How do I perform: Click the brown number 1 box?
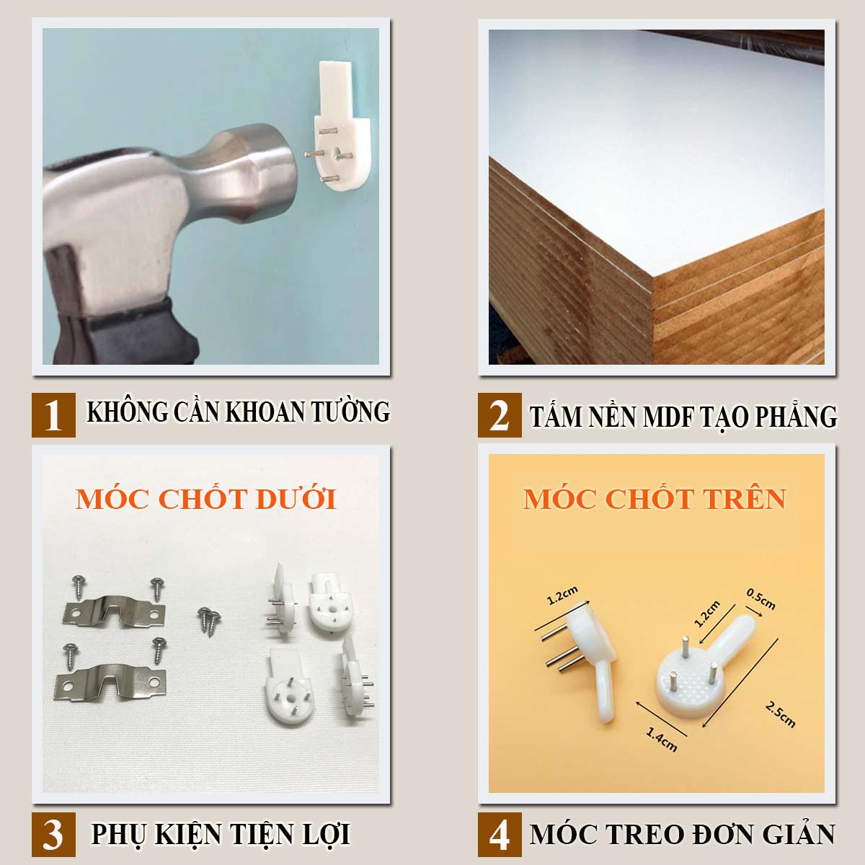click(x=53, y=414)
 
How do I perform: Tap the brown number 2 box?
click(x=500, y=414)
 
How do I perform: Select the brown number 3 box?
click(x=53, y=834)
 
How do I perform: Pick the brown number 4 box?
click(x=500, y=834)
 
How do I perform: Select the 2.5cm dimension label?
click(x=780, y=714)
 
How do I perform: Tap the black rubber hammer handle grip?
click(x=121, y=330)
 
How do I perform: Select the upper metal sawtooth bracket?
click(x=114, y=611)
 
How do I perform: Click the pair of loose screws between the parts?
click(x=209, y=621)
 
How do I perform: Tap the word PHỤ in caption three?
click(x=117, y=835)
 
